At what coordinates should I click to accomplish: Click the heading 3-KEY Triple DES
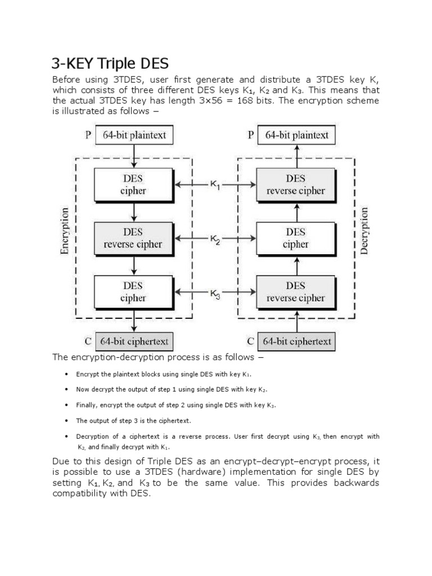tap(110, 62)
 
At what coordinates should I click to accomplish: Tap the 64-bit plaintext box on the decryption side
tap(296, 135)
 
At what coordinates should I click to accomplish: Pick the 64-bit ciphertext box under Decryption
tap(297, 341)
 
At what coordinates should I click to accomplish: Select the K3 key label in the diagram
tap(215, 294)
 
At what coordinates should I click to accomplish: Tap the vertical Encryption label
tap(65, 231)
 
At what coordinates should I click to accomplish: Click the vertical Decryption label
tap(364, 231)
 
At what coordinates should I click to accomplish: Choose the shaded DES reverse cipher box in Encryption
tap(133, 238)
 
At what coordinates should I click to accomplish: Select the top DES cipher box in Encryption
tap(133, 184)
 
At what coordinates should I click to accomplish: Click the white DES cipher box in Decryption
tap(296, 238)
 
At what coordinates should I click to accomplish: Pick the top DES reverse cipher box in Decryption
tap(296, 184)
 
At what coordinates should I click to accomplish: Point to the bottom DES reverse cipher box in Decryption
tap(296, 292)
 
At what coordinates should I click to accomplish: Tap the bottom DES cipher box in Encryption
tap(133, 292)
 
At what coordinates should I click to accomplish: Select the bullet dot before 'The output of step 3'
tap(66, 420)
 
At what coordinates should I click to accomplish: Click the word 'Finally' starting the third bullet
tap(86, 405)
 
